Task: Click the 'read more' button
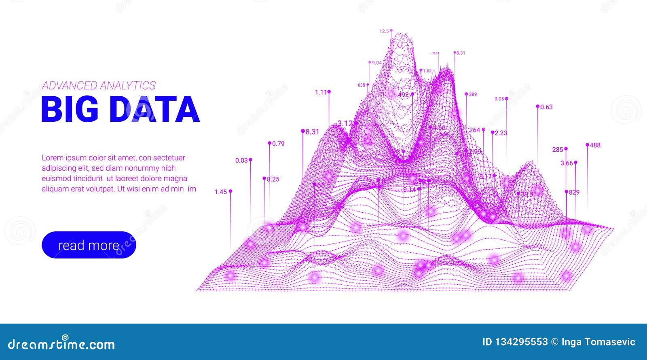pos(89,245)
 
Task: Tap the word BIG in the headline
pos(70,109)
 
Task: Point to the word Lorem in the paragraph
pos(52,158)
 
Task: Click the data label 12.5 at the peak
pos(384,31)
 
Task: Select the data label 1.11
pos(321,92)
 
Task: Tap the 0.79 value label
pos(278,144)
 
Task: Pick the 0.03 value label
pos(241,160)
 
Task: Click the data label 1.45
pos(220,192)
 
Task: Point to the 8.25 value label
pos(273,179)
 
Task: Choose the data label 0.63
pos(546,107)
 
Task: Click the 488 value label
pos(595,145)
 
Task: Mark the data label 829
pos(574,193)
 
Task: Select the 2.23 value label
pos(501,133)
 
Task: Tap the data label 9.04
pos(376,63)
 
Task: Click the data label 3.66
pos(567,163)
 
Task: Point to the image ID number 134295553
pos(521,342)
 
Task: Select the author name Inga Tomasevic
pos(598,342)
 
